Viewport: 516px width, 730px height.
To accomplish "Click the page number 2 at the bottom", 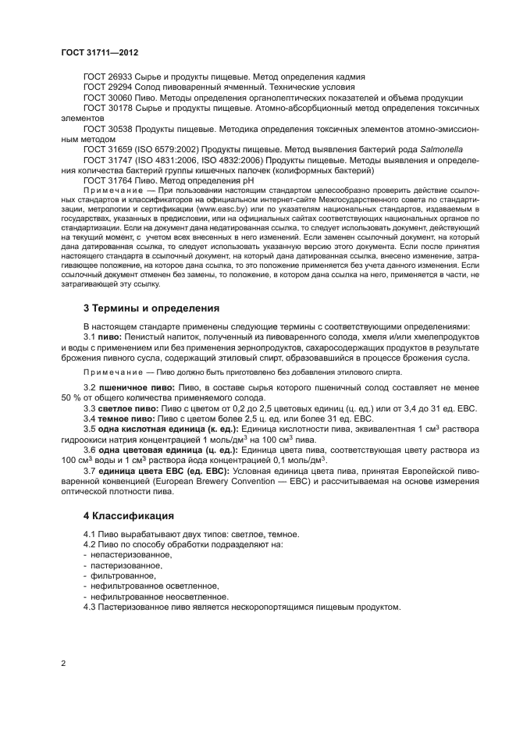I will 63,663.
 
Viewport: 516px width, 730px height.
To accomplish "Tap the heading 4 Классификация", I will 129,517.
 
